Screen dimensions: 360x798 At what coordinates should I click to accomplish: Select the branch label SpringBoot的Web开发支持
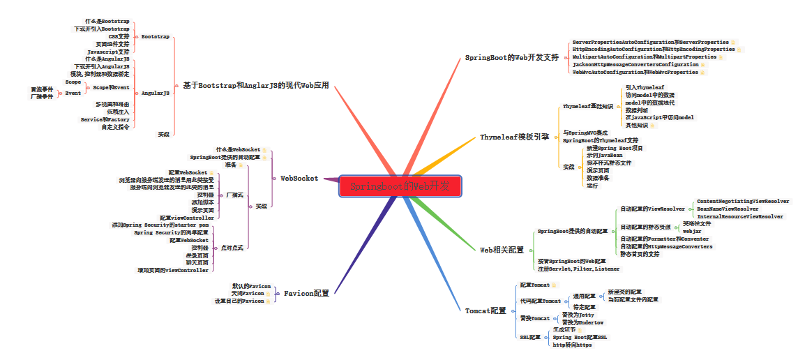click(511, 58)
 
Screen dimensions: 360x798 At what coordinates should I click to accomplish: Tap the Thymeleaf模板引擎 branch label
click(514, 137)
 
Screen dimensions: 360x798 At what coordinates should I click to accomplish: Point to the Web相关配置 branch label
click(502, 250)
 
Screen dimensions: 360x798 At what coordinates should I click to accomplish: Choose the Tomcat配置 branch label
click(485, 310)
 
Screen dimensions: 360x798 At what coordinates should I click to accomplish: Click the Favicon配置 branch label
click(306, 294)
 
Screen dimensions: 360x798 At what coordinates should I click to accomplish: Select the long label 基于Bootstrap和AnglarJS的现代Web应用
click(255, 86)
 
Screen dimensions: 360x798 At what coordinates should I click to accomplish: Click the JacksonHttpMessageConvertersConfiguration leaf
click(635, 65)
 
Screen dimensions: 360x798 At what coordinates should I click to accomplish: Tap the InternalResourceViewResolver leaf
click(739, 217)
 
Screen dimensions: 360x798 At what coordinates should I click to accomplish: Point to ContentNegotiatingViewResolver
click(743, 201)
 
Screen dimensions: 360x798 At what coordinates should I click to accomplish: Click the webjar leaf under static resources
click(692, 230)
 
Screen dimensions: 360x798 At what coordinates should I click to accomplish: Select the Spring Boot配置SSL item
click(580, 337)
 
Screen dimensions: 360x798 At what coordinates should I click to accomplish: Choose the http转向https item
click(572, 345)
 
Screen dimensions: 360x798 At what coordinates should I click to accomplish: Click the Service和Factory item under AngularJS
click(105, 119)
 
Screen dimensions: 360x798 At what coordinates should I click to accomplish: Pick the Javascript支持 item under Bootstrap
click(108, 52)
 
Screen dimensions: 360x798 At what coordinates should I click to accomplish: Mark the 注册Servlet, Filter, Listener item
click(578, 269)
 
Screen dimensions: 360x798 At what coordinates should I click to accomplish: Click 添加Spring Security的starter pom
click(160, 225)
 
